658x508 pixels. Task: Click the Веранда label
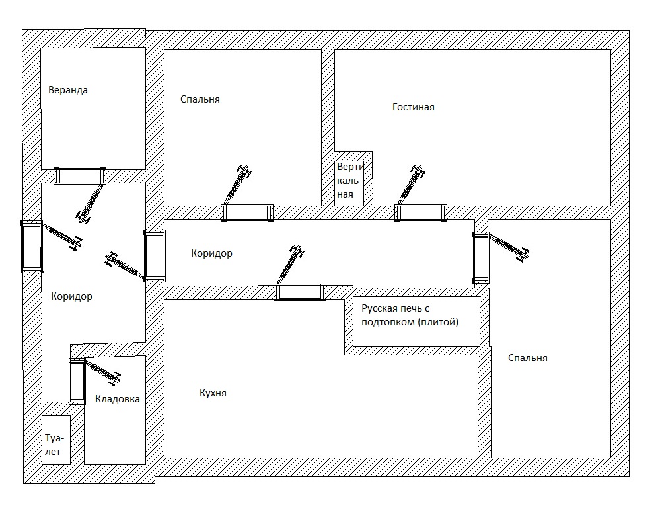(68, 90)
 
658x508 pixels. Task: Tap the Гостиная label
(413, 107)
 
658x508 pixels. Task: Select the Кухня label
(213, 393)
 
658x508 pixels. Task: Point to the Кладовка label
(118, 399)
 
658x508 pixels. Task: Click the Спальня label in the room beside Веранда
(200, 99)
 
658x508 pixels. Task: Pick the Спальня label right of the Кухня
(528, 358)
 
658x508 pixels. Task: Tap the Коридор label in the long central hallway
(211, 253)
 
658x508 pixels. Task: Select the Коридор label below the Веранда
(71, 296)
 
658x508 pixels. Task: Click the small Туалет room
(55, 444)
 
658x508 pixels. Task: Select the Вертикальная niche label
(348, 181)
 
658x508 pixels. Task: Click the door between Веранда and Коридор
(80, 175)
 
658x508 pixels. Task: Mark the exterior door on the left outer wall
(32, 246)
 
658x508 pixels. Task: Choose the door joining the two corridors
(155, 255)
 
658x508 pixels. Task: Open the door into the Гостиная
(421, 212)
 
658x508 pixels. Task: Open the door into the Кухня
(301, 292)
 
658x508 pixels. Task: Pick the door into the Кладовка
(77, 380)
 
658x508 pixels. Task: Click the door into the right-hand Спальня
(482, 257)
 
